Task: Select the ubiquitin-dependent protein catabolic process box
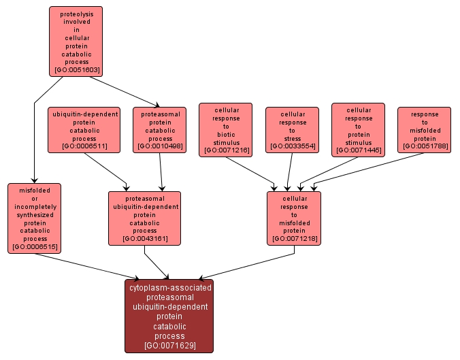tap(84, 129)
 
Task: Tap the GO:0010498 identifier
tap(160, 146)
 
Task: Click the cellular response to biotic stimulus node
tap(225, 129)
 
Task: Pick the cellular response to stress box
tap(292, 129)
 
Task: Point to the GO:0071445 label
tap(358, 149)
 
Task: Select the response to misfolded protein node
tap(424, 129)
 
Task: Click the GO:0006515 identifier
tap(35, 247)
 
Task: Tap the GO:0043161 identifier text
tap(144, 239)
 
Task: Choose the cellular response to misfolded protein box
tap(294, 218)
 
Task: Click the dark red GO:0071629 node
tap(169, 316)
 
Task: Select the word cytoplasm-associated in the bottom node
tap(169, 288)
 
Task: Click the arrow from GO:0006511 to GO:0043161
tap(105, 171)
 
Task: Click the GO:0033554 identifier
tap(292, 146)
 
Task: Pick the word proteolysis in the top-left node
tap(76, 13)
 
